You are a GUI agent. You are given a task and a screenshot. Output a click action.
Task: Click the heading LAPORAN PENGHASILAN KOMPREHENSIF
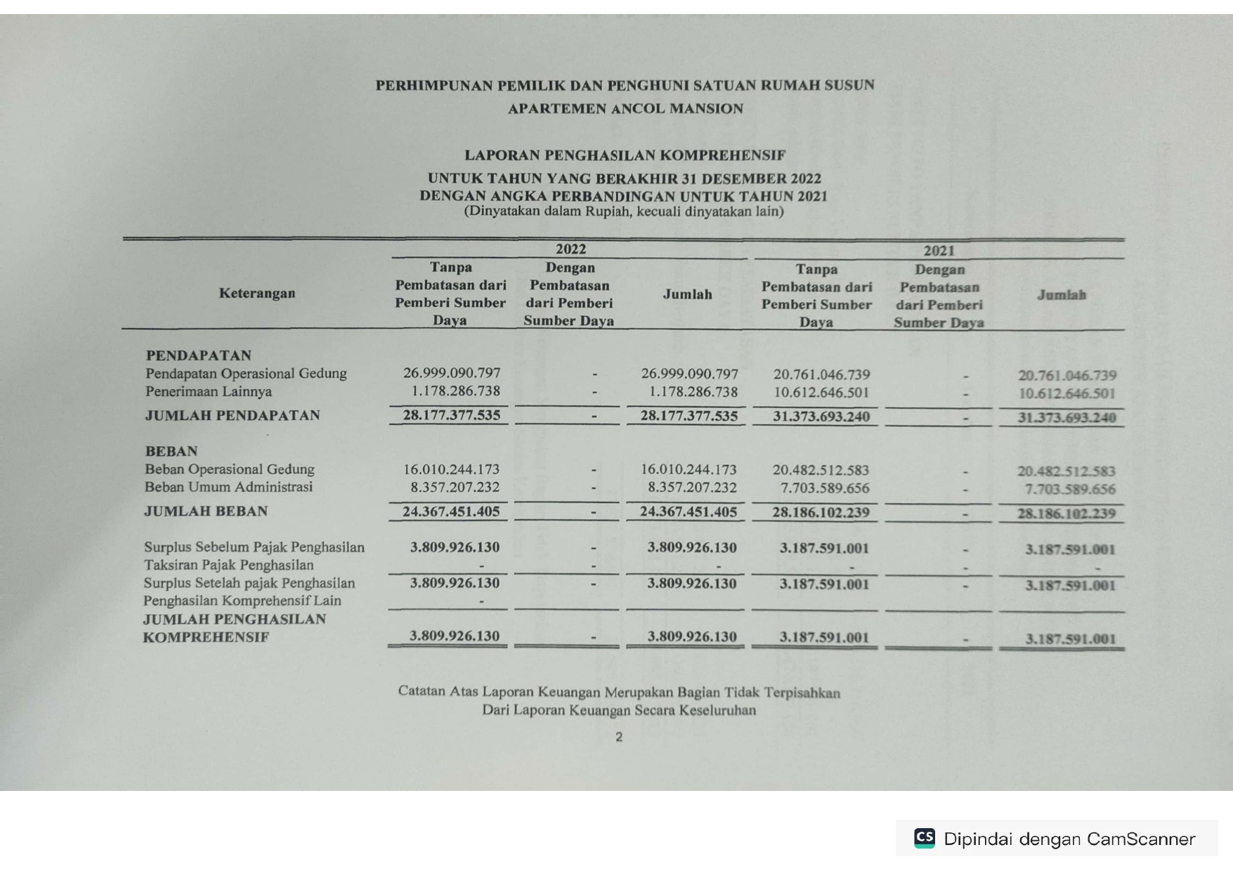tap(625, 155)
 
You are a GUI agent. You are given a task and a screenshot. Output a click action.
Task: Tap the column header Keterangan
tap(257, 293)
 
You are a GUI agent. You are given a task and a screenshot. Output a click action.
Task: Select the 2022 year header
tap(570, 249)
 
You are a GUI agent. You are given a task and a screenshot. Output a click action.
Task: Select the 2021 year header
tap(939, 251)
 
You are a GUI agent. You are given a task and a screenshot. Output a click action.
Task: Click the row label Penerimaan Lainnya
tap(209, 391)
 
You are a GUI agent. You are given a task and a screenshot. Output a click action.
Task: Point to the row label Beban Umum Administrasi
tap(228, 487)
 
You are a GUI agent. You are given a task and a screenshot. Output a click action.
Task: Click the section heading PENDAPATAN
tap(198, 355)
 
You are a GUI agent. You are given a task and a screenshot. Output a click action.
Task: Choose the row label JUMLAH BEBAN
tap(206, 511)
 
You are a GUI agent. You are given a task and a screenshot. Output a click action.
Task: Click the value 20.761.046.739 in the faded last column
tap(1067, 376)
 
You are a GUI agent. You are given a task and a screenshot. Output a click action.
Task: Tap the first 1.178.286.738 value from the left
tap(455, 391)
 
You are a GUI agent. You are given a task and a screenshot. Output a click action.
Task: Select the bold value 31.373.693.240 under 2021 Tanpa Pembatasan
tap(821, 417)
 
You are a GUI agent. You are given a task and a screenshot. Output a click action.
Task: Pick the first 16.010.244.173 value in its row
tap(451, 469)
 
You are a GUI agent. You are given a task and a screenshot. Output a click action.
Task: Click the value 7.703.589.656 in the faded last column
tap(1070, 490)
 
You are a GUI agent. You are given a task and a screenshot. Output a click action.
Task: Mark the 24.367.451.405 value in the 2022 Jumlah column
tap(689, 512)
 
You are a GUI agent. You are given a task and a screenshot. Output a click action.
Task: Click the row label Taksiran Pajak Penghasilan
tap(229, 565)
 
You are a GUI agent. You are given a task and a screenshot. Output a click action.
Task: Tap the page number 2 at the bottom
tap(618, 737)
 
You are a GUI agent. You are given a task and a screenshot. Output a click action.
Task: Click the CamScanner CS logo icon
tap(925, 838)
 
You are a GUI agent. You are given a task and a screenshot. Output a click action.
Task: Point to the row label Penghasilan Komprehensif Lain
tap(242, 601)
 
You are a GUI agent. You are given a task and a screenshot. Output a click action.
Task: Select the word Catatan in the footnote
tap(422, 691)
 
